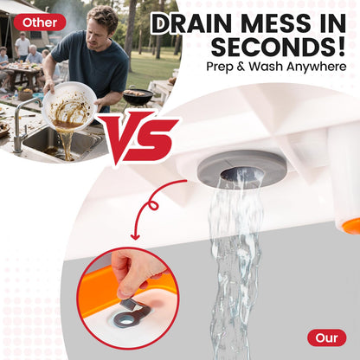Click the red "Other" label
(x=40, y=22)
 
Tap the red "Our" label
(x=326, y=337)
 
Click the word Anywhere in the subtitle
(x=317, y=67)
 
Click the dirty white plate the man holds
(x=70, y=106)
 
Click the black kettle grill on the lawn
(x=138, y=97)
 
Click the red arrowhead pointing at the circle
(x=135, y=237)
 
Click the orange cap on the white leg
(x=352, y=226)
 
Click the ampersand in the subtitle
(x=237, y=67)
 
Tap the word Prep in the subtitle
(x=217, y=67)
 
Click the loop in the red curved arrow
(x=153, y=205)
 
